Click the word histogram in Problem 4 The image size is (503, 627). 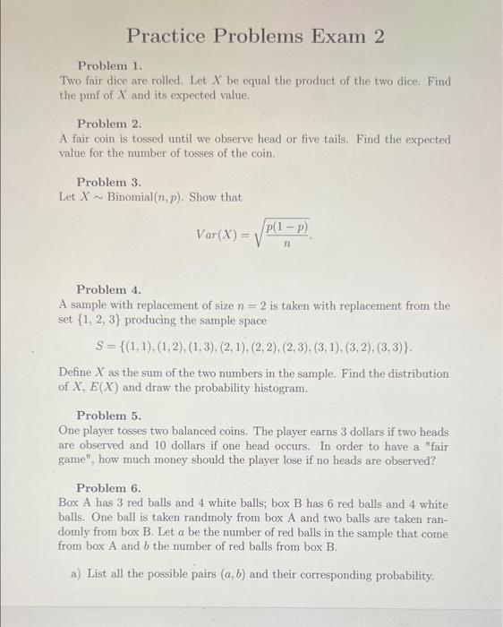tap(277, 388)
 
